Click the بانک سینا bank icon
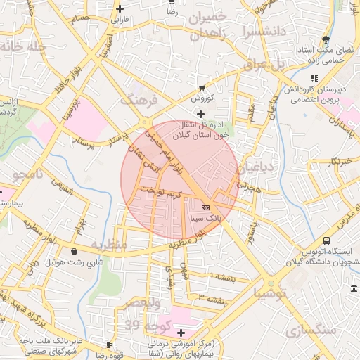click(205, 208)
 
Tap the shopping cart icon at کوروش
click(202, 88)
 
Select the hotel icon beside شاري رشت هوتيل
click(75, 251)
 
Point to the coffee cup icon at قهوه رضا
click(109, 345)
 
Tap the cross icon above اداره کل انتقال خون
click(201, 113)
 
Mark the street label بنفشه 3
click(212, 300)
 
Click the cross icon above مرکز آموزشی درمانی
click(182, 332)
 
